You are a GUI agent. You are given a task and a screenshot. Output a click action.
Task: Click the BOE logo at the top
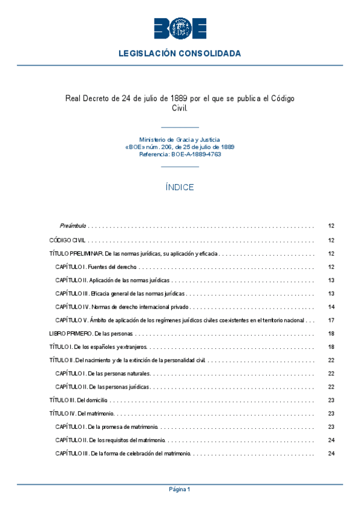180,28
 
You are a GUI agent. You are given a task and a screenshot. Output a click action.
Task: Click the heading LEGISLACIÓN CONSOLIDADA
180,54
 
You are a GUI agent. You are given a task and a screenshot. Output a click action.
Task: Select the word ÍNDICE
180,188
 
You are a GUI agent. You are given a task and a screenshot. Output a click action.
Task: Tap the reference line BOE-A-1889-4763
180,155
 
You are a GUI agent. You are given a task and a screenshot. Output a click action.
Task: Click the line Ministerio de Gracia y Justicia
180,140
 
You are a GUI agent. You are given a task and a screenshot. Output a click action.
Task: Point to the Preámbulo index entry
73,226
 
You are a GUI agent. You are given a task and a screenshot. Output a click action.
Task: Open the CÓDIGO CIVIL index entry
67,240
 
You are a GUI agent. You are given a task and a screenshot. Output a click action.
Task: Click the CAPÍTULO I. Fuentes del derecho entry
96,266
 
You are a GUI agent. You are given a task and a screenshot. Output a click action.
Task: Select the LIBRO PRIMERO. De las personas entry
91,333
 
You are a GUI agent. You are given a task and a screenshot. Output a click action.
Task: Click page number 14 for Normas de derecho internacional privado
331,307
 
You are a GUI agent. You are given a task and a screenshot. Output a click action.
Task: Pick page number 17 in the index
331,320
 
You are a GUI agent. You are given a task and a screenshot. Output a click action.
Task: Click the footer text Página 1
180,490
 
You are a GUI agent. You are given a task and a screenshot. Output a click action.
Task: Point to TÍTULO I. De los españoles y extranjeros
98,347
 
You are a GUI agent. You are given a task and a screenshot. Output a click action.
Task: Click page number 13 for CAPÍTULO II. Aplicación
331,280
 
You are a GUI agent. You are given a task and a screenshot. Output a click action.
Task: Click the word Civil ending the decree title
180,109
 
